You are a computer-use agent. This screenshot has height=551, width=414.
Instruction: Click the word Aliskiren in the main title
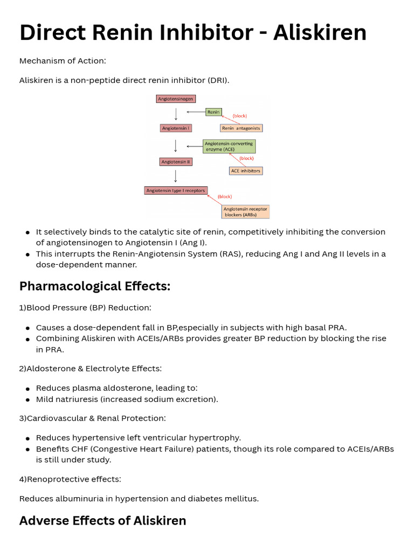[x=320, y=33]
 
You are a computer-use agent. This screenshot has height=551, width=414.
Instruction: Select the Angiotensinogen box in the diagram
[x=176, y=99]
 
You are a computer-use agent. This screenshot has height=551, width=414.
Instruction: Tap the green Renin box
[x=213, y=112]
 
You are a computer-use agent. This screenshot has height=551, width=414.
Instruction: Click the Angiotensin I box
[x=176, y=128]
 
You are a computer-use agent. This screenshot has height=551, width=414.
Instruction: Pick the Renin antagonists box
[x=241, y=128]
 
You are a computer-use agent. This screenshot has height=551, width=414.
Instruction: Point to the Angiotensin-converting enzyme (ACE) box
[x=229, y=146]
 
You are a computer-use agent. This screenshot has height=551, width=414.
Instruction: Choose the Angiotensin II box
[x=176, y=161]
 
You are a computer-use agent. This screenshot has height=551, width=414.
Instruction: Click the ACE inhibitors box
[x=245, y=171]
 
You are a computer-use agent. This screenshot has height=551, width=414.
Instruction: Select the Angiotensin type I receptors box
[x=176, y=190]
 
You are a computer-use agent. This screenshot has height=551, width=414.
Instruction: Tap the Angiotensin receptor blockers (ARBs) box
[x=245, y=211]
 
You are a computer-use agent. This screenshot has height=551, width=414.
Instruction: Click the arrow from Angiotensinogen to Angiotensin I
[x=176, y=114]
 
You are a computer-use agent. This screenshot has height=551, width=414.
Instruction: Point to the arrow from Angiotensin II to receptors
[x=176, y=176]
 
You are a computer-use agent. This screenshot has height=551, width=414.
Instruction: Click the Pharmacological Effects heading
[x=95, y=286]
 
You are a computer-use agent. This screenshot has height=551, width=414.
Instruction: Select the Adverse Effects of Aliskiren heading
[x=102, y=521]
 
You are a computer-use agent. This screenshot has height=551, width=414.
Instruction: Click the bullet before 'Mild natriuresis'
[x=27, y=400]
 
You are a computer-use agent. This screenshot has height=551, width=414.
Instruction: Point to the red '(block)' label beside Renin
[x=239, y=116]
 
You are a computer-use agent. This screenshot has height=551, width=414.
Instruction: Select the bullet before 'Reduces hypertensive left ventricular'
[x=27, y=439]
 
